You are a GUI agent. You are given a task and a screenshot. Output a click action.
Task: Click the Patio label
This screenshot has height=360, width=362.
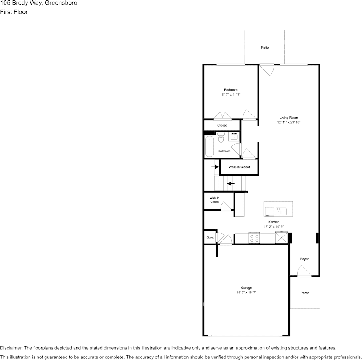265,48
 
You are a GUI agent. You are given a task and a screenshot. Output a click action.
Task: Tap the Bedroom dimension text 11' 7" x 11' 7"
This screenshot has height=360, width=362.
231,94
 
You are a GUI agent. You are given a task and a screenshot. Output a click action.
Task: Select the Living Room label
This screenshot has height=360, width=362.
288,118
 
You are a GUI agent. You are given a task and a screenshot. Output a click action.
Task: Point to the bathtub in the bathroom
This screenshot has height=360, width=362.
210,147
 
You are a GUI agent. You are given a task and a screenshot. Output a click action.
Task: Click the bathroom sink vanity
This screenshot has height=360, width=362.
234,137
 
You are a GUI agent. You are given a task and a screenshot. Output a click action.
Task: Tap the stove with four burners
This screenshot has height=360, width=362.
254,238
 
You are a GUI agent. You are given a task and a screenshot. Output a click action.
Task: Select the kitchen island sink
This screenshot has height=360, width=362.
281,210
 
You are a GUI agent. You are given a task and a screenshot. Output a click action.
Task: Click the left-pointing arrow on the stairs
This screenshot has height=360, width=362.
231,183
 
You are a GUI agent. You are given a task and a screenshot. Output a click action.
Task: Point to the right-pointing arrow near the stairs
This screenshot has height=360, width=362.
215,167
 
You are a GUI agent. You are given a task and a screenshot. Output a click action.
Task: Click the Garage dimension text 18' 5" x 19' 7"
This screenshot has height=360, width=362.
246,293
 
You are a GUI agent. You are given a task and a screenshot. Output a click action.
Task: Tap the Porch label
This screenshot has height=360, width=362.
305,293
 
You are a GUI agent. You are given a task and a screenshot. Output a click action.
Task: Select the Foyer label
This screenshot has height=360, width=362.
304,259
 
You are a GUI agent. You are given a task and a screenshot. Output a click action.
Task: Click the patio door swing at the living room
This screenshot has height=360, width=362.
267,69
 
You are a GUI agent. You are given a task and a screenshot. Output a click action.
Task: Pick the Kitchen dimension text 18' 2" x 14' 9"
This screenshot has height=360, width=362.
274,227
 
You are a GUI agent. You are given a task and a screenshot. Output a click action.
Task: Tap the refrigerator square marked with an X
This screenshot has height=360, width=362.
281,238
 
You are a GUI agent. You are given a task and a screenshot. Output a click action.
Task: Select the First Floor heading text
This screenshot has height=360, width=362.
14,12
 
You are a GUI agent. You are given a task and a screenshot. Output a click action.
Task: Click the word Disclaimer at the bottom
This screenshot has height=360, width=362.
11,348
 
